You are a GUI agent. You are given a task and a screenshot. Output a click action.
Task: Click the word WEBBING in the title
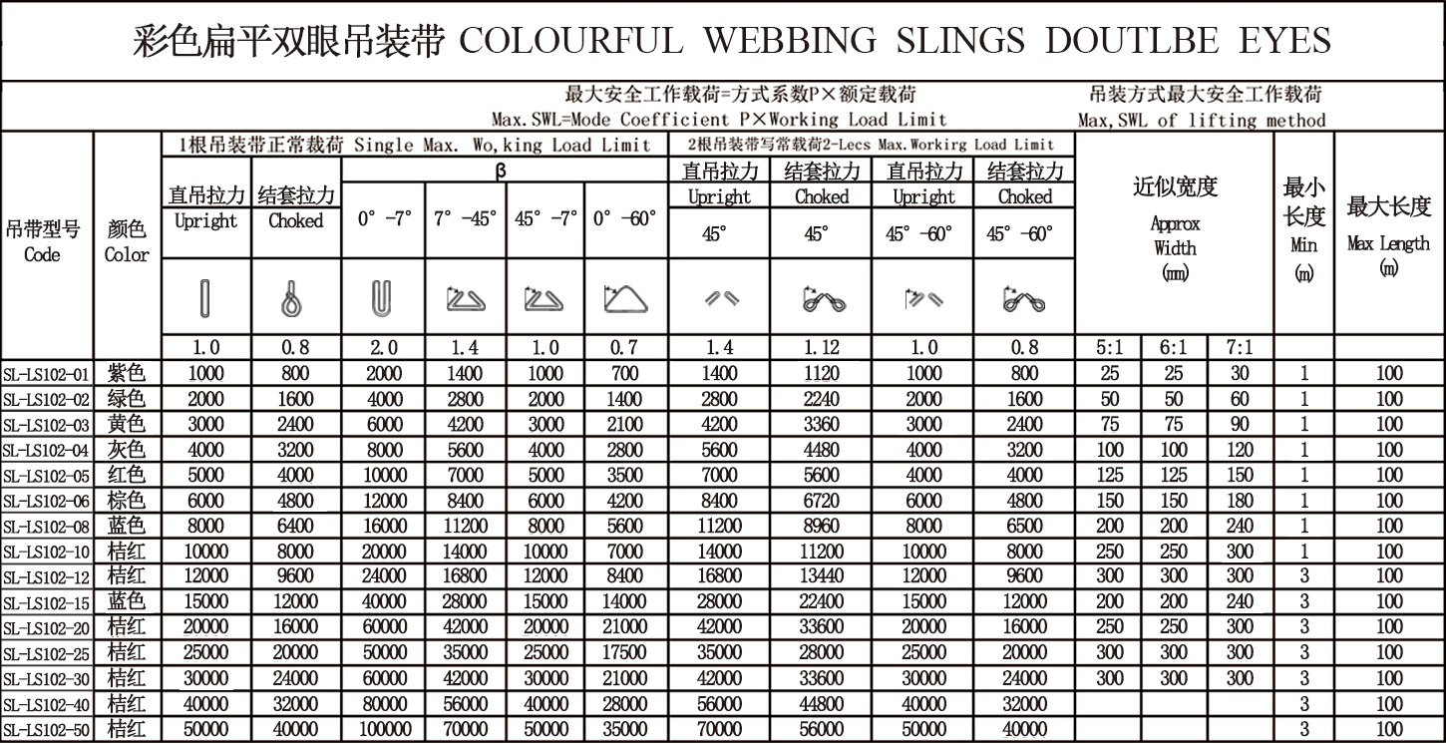[x=789, y=41]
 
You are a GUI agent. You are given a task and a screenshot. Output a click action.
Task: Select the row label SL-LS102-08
[x=47, y=527]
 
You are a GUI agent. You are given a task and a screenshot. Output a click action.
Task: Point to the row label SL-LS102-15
[x=47, y=602]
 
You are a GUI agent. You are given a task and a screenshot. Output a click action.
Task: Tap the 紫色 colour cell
[x=127, y=374]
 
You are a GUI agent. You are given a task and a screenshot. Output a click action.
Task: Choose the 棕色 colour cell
[x=127, y=501]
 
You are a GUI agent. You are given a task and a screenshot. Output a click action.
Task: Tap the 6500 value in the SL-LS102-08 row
[x=1024, y=527]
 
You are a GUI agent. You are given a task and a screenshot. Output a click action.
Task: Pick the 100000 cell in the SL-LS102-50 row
[x=383, y=729]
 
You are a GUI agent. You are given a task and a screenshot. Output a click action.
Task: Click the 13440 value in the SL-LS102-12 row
[x=821, y=576]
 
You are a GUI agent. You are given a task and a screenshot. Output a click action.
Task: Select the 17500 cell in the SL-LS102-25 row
[x=624, y=653]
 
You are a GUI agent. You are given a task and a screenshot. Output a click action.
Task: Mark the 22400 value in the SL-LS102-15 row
[x=821, y=602]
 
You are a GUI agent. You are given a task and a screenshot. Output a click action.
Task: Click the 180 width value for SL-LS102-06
[x=1241, y=501]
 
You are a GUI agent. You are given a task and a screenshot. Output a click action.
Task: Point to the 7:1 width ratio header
[x=1241, y=348]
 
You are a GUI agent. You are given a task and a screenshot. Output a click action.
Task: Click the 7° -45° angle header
[x=465, y=219]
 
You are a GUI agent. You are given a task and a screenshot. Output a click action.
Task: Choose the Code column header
[x=43, y=242]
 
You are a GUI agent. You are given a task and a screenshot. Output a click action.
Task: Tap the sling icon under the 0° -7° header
[x=383, y=298]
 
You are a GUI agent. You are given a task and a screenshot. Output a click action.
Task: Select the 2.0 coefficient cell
[x=383, y=348]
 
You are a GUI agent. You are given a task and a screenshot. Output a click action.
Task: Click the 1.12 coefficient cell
[x=821, y=348]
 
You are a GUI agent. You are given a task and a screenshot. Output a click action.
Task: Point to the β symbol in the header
[x=501, y=170]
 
